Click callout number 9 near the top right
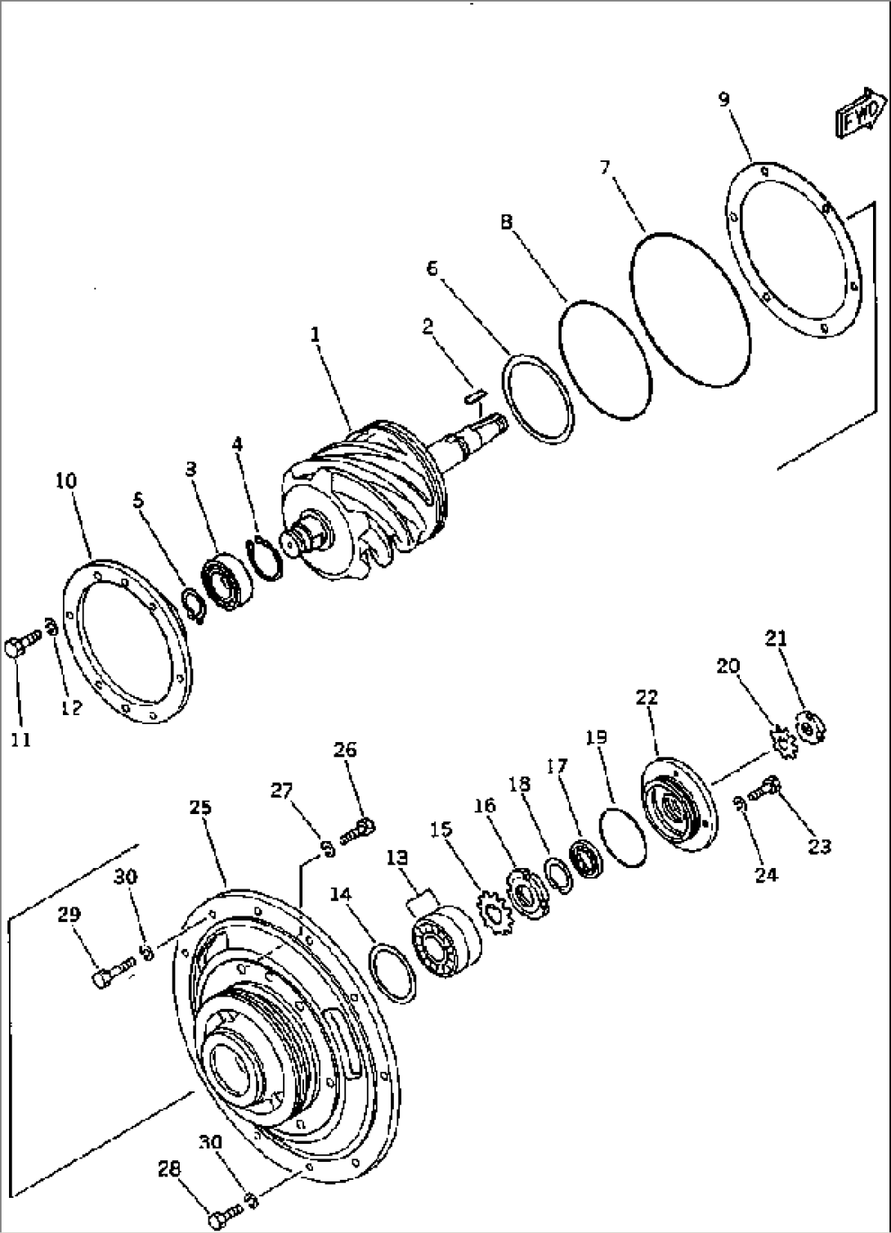[724, 100]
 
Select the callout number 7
[604, 168]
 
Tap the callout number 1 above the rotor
[316, 334]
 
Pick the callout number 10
[66, 480]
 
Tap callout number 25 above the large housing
[200, 808]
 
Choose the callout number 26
[345, 749]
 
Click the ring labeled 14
[392, 972]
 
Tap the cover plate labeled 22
[678, 806]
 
